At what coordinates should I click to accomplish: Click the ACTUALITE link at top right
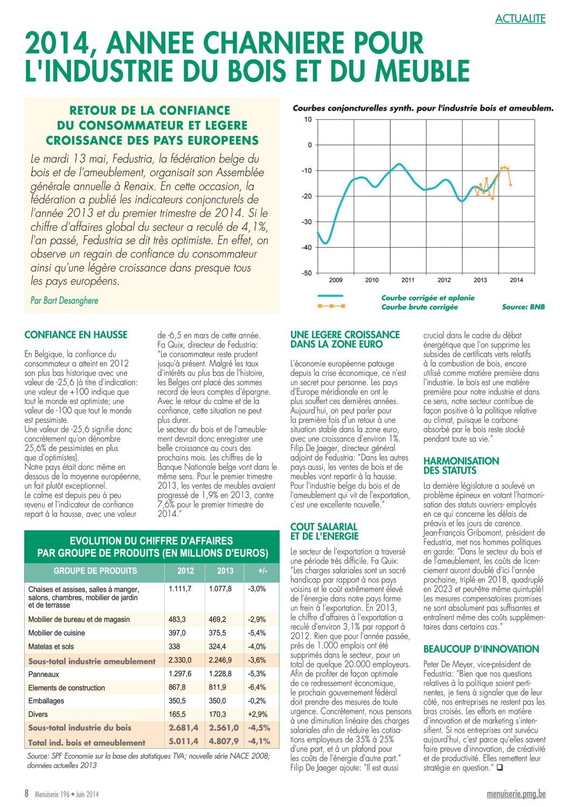(x=520, y=19)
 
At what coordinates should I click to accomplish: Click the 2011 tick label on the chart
(x=408, y=280)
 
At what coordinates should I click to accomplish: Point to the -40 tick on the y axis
(x=307, y=248)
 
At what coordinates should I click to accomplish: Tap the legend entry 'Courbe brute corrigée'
(x=419, y=307)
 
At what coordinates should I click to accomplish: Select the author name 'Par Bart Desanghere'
(x=64, y=300)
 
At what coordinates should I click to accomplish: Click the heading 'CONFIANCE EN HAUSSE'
(x=76, y=335)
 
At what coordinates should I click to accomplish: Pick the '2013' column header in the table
(x=225, y=571)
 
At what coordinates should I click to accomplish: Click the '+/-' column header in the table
(x=262, y=571)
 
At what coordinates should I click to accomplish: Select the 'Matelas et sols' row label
(x=51, y=646)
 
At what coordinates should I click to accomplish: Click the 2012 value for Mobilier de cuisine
(x=177, y=633)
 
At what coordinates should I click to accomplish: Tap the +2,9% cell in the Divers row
(x=257, y=714)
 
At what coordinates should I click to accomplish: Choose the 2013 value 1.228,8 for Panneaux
(x=220, y=674)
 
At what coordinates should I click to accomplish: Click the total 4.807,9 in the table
(x=224, y=742)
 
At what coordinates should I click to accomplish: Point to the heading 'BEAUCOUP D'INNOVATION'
(x=481, y=649)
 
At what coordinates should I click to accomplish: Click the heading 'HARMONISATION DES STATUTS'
(x=461, y=466)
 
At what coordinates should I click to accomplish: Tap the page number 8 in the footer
(x=26, y=794)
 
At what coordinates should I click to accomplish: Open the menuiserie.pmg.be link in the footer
(x=516, y=794)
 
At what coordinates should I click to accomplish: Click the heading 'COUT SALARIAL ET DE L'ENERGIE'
(x=324, y=531)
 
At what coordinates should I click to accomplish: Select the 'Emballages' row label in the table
(x=46, y=701)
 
